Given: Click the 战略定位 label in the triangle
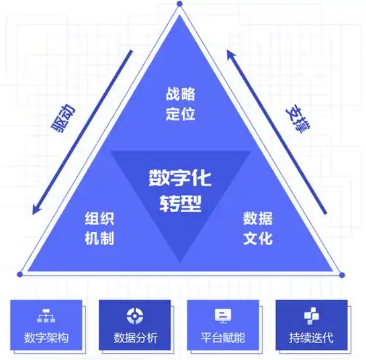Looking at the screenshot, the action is click(180, 104).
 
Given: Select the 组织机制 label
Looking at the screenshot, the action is click(99, 228).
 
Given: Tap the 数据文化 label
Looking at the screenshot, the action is click(258, 228).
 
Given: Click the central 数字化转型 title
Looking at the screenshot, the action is click(180, 190).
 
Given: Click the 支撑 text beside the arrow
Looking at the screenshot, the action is click(298, 118).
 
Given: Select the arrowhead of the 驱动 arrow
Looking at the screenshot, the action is click(35, 209).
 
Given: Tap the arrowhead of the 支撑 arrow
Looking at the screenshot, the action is click(231, 54).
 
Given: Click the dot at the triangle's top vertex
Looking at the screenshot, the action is click(179, 4).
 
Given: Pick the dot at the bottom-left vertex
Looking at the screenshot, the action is click(20, 274).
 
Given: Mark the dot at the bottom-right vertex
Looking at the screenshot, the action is click(342, 275).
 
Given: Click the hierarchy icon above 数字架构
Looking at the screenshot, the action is click(46, 316).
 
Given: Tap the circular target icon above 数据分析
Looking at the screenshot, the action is click(135, 316).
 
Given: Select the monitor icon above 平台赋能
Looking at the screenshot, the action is click(223, 316).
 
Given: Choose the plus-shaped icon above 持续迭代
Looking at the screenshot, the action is click(312, 316).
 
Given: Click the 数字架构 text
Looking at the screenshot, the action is click(46, 338).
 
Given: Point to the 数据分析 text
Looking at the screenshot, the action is click(135, 338).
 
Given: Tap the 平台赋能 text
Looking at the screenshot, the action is click(223, 338).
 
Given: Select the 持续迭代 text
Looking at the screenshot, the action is click(312, 338).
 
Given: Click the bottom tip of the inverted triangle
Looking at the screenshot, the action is click(180, 263).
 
